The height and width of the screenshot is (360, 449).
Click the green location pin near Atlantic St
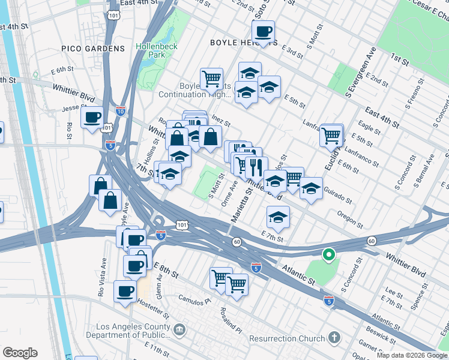click(328, 256)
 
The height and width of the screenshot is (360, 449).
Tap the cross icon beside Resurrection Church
click(334, 338)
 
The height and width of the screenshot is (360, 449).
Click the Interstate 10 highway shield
click(120, 112)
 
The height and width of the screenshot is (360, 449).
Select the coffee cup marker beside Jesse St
click(92, 117)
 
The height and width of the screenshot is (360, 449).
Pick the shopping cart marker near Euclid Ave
click(331, 137)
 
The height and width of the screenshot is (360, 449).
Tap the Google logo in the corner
click(20, 353)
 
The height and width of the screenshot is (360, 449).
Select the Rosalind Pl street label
click(231, 321)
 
